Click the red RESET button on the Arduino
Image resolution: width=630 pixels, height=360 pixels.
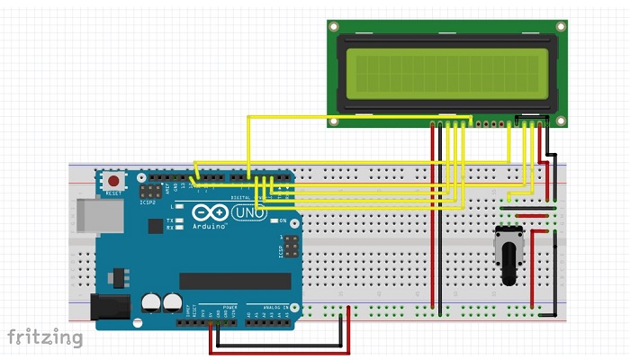(113, 181)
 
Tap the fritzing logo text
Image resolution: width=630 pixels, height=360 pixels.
(45, 337)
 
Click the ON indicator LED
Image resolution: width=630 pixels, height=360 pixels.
(273, 220)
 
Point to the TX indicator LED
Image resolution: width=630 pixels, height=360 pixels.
(180, 219)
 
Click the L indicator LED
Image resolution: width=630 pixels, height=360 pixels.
(180, 206)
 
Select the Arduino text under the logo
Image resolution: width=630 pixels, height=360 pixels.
(210, 227)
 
